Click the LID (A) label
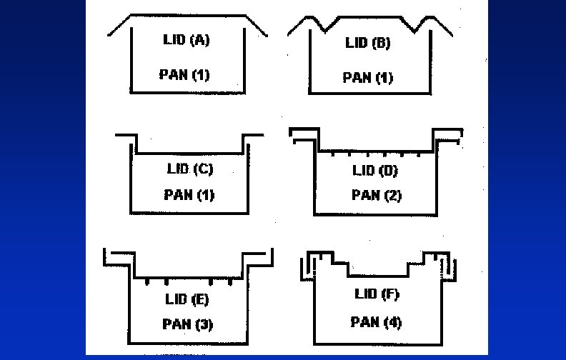pyautogui.click(x=186, y=41)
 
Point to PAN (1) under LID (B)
pyautogui.click(x=367, y=77)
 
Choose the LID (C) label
pyautogui.click(x=189, y=169)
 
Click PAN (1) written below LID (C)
pyautogui.click(x=189, y=194)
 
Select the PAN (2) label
pyautogui.click(x=376, y=194)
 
